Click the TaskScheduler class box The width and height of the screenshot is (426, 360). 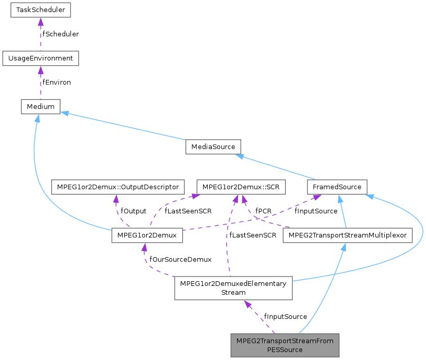(41, 9)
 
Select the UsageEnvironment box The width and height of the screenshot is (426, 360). (41, 58)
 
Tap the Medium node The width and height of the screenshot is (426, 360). (41, 106)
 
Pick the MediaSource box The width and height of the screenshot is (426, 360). (212, 147)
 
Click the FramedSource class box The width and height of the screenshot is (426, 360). (337, 187)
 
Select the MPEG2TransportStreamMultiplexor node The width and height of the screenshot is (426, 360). (347, 235)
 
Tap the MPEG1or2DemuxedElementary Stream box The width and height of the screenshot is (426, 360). (233, 288)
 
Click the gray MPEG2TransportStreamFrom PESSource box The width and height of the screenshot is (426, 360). (285, 345)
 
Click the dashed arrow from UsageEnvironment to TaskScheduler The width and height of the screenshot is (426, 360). (41, 34)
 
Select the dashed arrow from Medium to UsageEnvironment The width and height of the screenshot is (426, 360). (41, 82)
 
